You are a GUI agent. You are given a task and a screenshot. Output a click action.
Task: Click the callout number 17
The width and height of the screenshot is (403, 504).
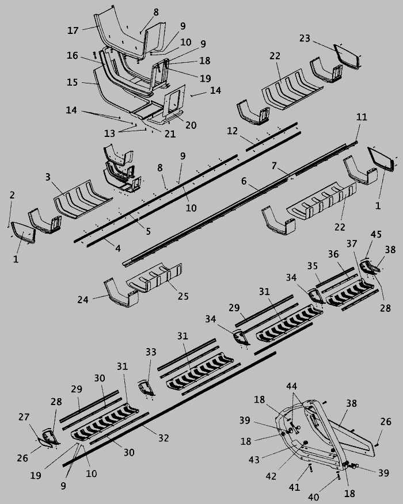coord(73,30)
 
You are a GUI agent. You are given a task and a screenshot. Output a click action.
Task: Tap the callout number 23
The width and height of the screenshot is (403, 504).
coord(305,38)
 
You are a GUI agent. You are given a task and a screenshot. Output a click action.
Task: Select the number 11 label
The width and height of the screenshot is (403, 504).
coord(362,117)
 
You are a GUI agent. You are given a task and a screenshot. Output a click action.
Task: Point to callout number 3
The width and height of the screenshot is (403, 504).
coord(48,177)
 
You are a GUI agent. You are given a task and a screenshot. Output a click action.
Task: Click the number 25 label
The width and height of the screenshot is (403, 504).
coord(183,296)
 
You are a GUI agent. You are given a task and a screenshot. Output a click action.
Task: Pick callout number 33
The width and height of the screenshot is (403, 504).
coord(151,352)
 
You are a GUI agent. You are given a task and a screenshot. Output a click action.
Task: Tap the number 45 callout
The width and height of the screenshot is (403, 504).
coord(376,234)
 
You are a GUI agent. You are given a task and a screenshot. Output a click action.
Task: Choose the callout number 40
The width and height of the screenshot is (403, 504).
coord(314,497)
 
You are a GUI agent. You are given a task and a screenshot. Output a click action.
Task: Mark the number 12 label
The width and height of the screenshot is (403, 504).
coord(232,131)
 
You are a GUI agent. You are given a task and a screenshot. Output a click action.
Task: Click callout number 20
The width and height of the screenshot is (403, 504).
coord(191,125)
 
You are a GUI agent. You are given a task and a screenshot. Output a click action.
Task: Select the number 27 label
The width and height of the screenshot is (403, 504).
coord(24,417)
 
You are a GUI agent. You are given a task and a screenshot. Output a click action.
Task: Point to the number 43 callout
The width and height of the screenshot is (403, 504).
coord(254,460)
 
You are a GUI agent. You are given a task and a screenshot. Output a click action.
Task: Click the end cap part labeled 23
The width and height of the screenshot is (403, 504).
coord(347,56)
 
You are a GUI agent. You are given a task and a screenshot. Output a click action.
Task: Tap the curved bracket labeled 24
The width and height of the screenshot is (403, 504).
coord(120,294)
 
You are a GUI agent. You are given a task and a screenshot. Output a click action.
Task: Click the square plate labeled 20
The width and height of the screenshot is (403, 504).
coord(174,101)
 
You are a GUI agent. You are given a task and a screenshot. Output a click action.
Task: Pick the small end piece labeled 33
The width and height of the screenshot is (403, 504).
coord(146,388)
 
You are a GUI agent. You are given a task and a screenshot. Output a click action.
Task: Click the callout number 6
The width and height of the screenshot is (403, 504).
coord(244,181)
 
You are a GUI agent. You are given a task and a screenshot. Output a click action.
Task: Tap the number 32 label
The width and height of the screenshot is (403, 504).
coord(164,438)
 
